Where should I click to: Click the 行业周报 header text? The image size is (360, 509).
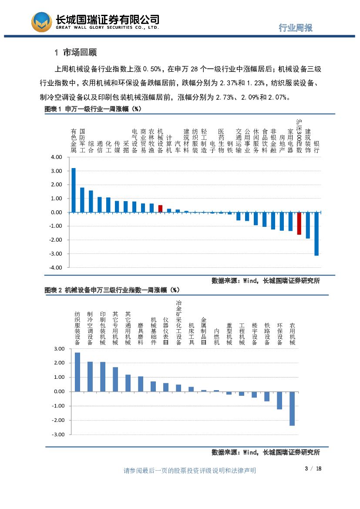(296, 28)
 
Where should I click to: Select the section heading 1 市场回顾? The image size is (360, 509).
(76, 53)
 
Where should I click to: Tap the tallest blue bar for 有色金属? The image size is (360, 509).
(74, 190)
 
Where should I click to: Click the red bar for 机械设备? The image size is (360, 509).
(160, 209)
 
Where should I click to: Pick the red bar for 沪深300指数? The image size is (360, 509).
(299, 223)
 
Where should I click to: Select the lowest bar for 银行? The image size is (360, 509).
(316, 234)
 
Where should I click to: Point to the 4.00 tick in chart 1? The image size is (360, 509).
(57, 157)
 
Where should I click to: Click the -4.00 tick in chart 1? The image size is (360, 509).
(56, 267)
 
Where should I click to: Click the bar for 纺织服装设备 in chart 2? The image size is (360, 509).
(77, 372)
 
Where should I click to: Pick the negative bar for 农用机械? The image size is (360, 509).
(292, 408)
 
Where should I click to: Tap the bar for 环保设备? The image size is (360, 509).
(279, 400)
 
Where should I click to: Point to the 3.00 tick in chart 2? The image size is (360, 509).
(58, 349)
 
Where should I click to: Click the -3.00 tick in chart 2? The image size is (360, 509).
(57, 435)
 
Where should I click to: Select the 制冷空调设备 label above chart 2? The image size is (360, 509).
(90, 328)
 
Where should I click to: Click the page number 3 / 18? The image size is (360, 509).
(313, 469)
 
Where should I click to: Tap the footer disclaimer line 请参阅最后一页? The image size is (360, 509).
(190, 471)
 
